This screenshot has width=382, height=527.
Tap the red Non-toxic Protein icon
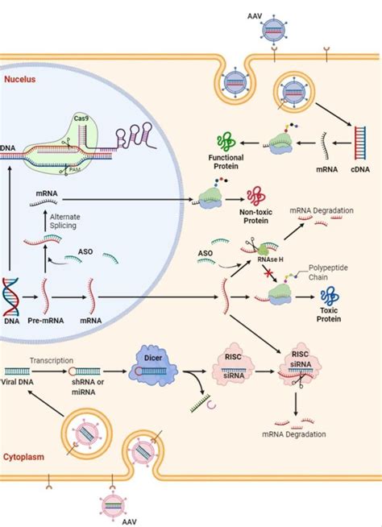pos(256,197)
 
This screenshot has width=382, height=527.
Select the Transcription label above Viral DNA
pos(52,361)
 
